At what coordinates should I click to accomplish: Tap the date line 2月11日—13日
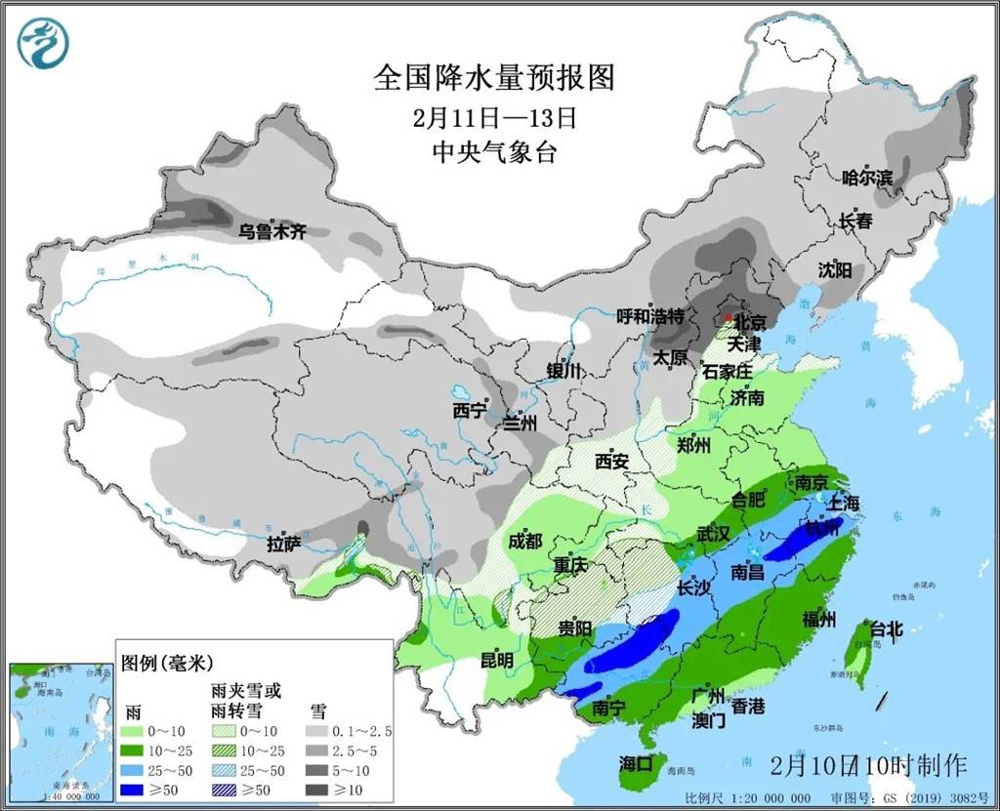click(494, 118)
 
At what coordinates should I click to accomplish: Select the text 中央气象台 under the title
click(494, 152)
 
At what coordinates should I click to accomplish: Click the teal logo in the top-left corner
click(44, 44)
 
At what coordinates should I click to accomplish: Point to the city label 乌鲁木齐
click(273, 232)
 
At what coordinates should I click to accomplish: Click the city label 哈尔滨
click(867, 178)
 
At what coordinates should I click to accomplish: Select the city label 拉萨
click(284, 545)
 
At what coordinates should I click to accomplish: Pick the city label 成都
click(524, 541)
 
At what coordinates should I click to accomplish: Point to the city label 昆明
click(496, 660)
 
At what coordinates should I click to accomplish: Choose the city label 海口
click(635, 763)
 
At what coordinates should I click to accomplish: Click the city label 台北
click(887, 629)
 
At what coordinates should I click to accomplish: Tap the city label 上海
click(844, 504)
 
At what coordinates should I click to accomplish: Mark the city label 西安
click(611, 462)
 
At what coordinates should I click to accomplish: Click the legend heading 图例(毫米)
click(166, 664)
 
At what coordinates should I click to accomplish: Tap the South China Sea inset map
click(60, 726)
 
